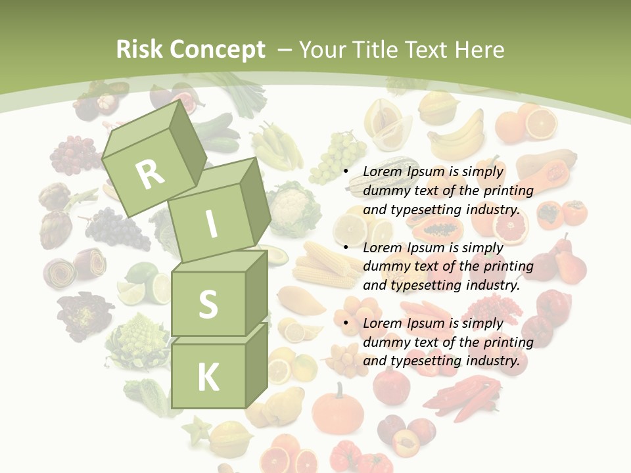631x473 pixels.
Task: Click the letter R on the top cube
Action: [x=151, y=174]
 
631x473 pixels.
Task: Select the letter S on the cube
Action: [x=208, y=304]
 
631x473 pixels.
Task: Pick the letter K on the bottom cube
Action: [x=208, y=378]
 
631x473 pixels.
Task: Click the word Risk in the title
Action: [x=138, y=49]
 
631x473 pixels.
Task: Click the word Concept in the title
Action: [x=217, y=49]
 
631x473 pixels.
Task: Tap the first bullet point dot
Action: [x=346, y=171]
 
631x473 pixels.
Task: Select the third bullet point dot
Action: [x=346, y=323]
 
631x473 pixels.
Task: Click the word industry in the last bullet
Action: [x=492, y=361]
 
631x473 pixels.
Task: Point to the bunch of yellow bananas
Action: [x=457, y=135]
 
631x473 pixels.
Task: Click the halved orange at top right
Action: [x=541, y=122]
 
